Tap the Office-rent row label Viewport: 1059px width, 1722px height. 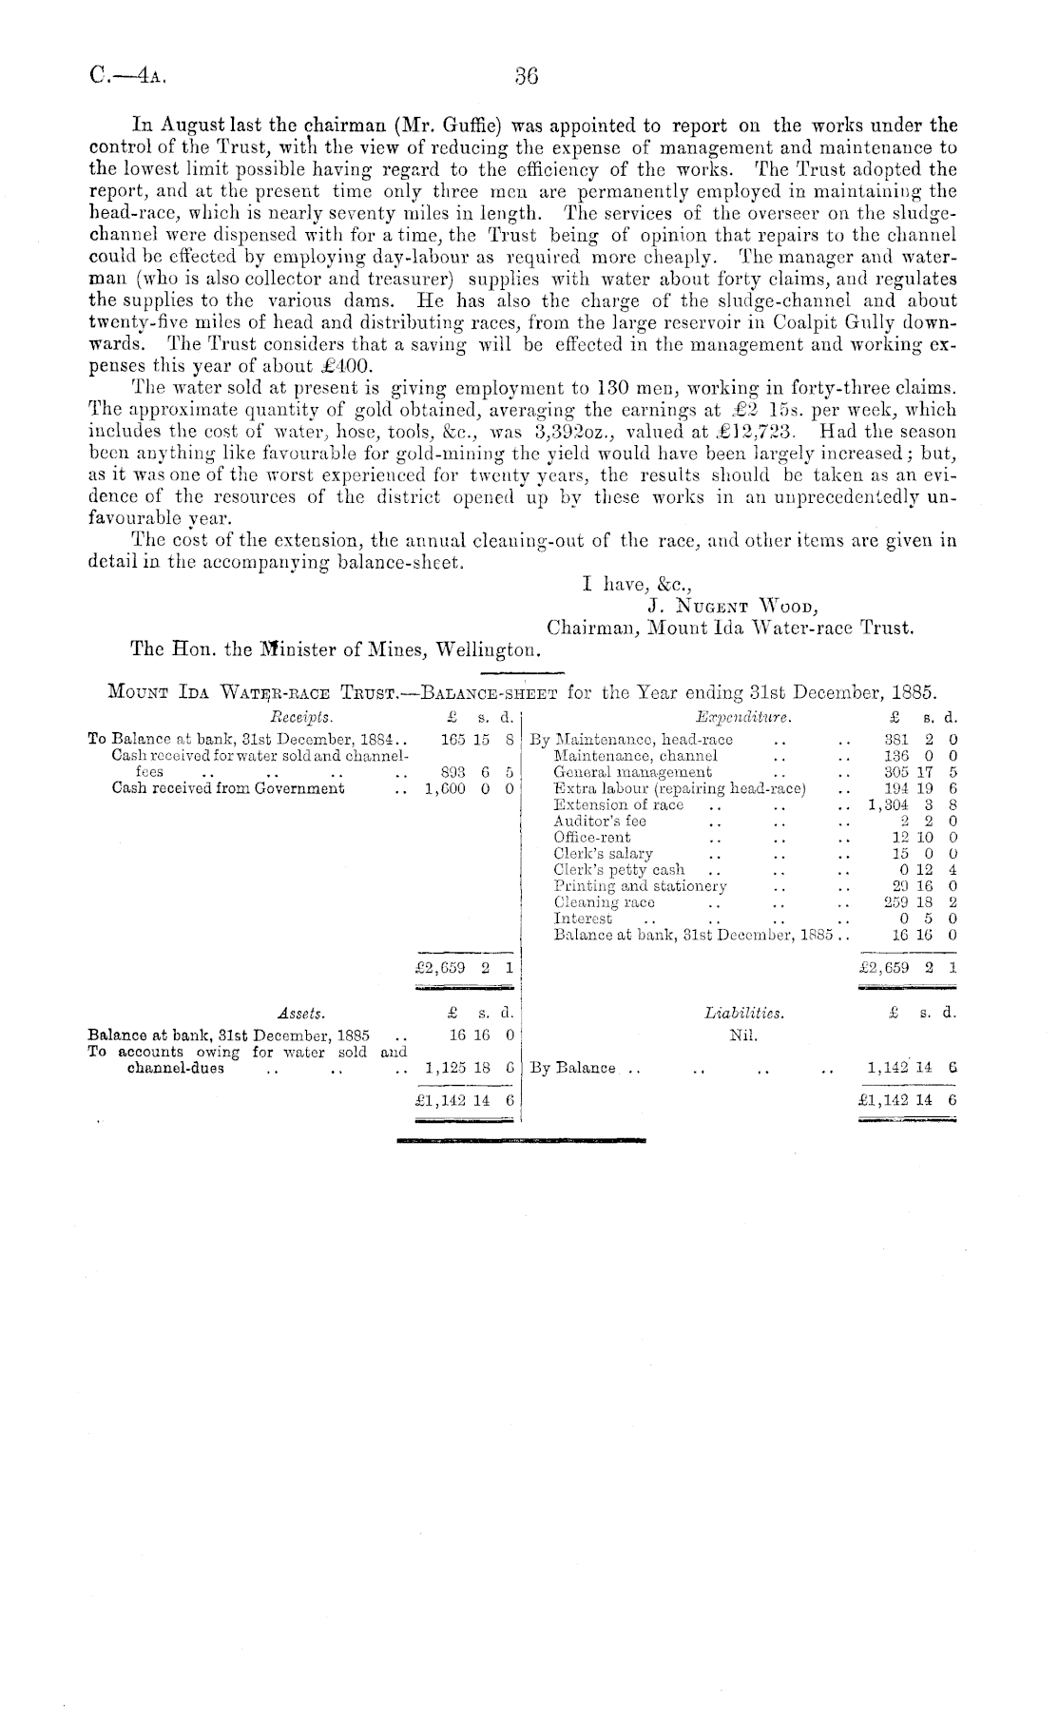[x=592, y=837]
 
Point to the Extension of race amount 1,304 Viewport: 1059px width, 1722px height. [x=891, y=804]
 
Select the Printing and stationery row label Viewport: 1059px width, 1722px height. [x=640, y=886]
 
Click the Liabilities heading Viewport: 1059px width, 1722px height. [x=744, y=1014]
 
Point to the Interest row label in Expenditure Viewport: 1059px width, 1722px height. [x=583, y=919]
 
